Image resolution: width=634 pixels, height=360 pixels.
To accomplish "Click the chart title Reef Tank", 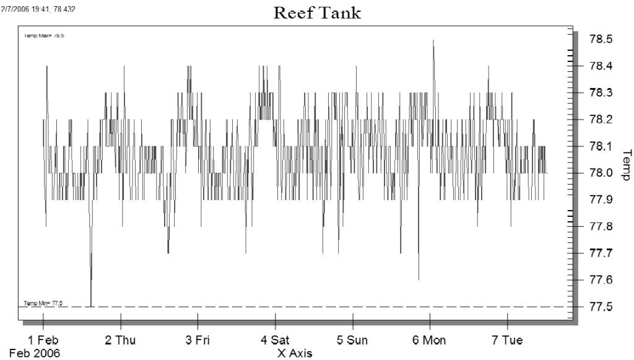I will [x=317, y=13].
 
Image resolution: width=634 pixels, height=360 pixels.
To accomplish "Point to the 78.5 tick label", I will [x=600, y=39].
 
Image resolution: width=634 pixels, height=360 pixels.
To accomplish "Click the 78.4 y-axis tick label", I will [x=600, y=66].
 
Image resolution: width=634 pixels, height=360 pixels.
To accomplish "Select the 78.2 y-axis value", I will [x=600, y=120].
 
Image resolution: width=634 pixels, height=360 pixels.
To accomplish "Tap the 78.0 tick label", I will [x=600, y=173].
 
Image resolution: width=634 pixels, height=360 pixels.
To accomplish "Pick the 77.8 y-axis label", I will [x=600, y=227].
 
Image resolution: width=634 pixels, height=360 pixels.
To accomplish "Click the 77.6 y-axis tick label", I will [x=600, y=280].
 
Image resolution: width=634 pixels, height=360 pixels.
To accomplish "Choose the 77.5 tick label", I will [x=600, y=307].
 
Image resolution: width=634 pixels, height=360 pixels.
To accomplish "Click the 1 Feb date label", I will [x=43, y=340].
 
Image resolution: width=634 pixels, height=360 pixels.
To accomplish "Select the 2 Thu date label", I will [x=120, y=340].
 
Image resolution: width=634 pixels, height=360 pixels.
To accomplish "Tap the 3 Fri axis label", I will [x=198, y=340].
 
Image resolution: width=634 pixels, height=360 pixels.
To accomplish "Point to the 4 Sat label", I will [x=275, y=340].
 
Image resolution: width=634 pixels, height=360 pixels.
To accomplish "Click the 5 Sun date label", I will [x=352, y=340].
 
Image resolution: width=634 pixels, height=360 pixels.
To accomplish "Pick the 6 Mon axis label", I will [x=429, y=340].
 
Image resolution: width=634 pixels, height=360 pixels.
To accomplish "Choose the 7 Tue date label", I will [x=507, y=340].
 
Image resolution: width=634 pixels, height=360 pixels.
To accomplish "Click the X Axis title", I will [x=295, y=354].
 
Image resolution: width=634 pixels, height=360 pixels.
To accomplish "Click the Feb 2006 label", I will [x=35, y=354].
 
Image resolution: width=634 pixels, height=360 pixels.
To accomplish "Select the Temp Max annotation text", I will [x=44, y=36].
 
